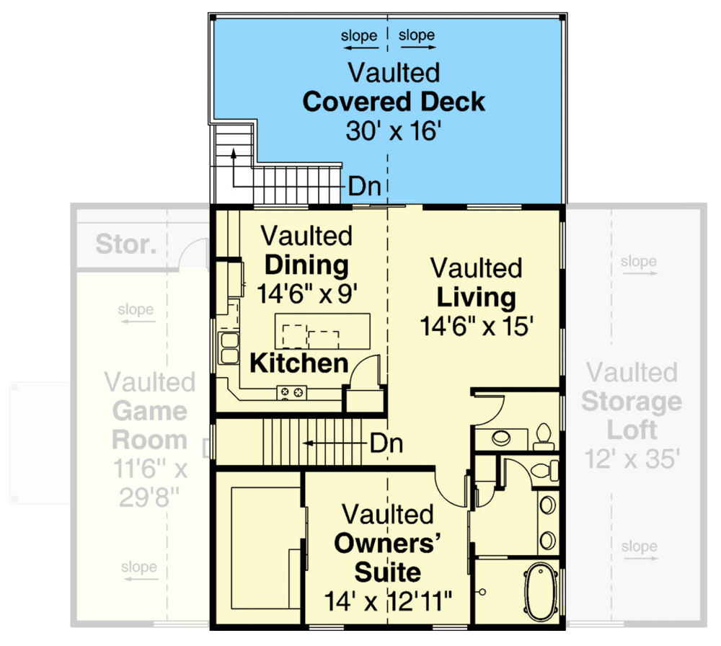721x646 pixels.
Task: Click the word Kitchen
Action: click(x=299, y=363)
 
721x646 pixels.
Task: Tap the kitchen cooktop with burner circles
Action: click(x=292, y=393)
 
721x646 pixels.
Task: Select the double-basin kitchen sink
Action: click(x=230, y=348)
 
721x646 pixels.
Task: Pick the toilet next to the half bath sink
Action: click(x=544, y=436)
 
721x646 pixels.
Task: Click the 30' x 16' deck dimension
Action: click(x=394, y=132)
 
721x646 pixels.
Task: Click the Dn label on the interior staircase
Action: click(x=386, y=443)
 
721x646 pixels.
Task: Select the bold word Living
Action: click(x=476, y=297)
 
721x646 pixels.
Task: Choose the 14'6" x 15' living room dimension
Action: click(x=476, y=327)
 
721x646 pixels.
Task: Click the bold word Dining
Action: click(x=306, y=265)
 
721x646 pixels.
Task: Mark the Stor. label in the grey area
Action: click(x=125, y=244)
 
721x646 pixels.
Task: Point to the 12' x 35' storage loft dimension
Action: click(x=632, y=459)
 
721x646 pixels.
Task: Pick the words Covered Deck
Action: click(x=394, y=102)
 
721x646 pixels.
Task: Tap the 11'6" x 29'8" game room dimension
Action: click(x=150, y=483)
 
